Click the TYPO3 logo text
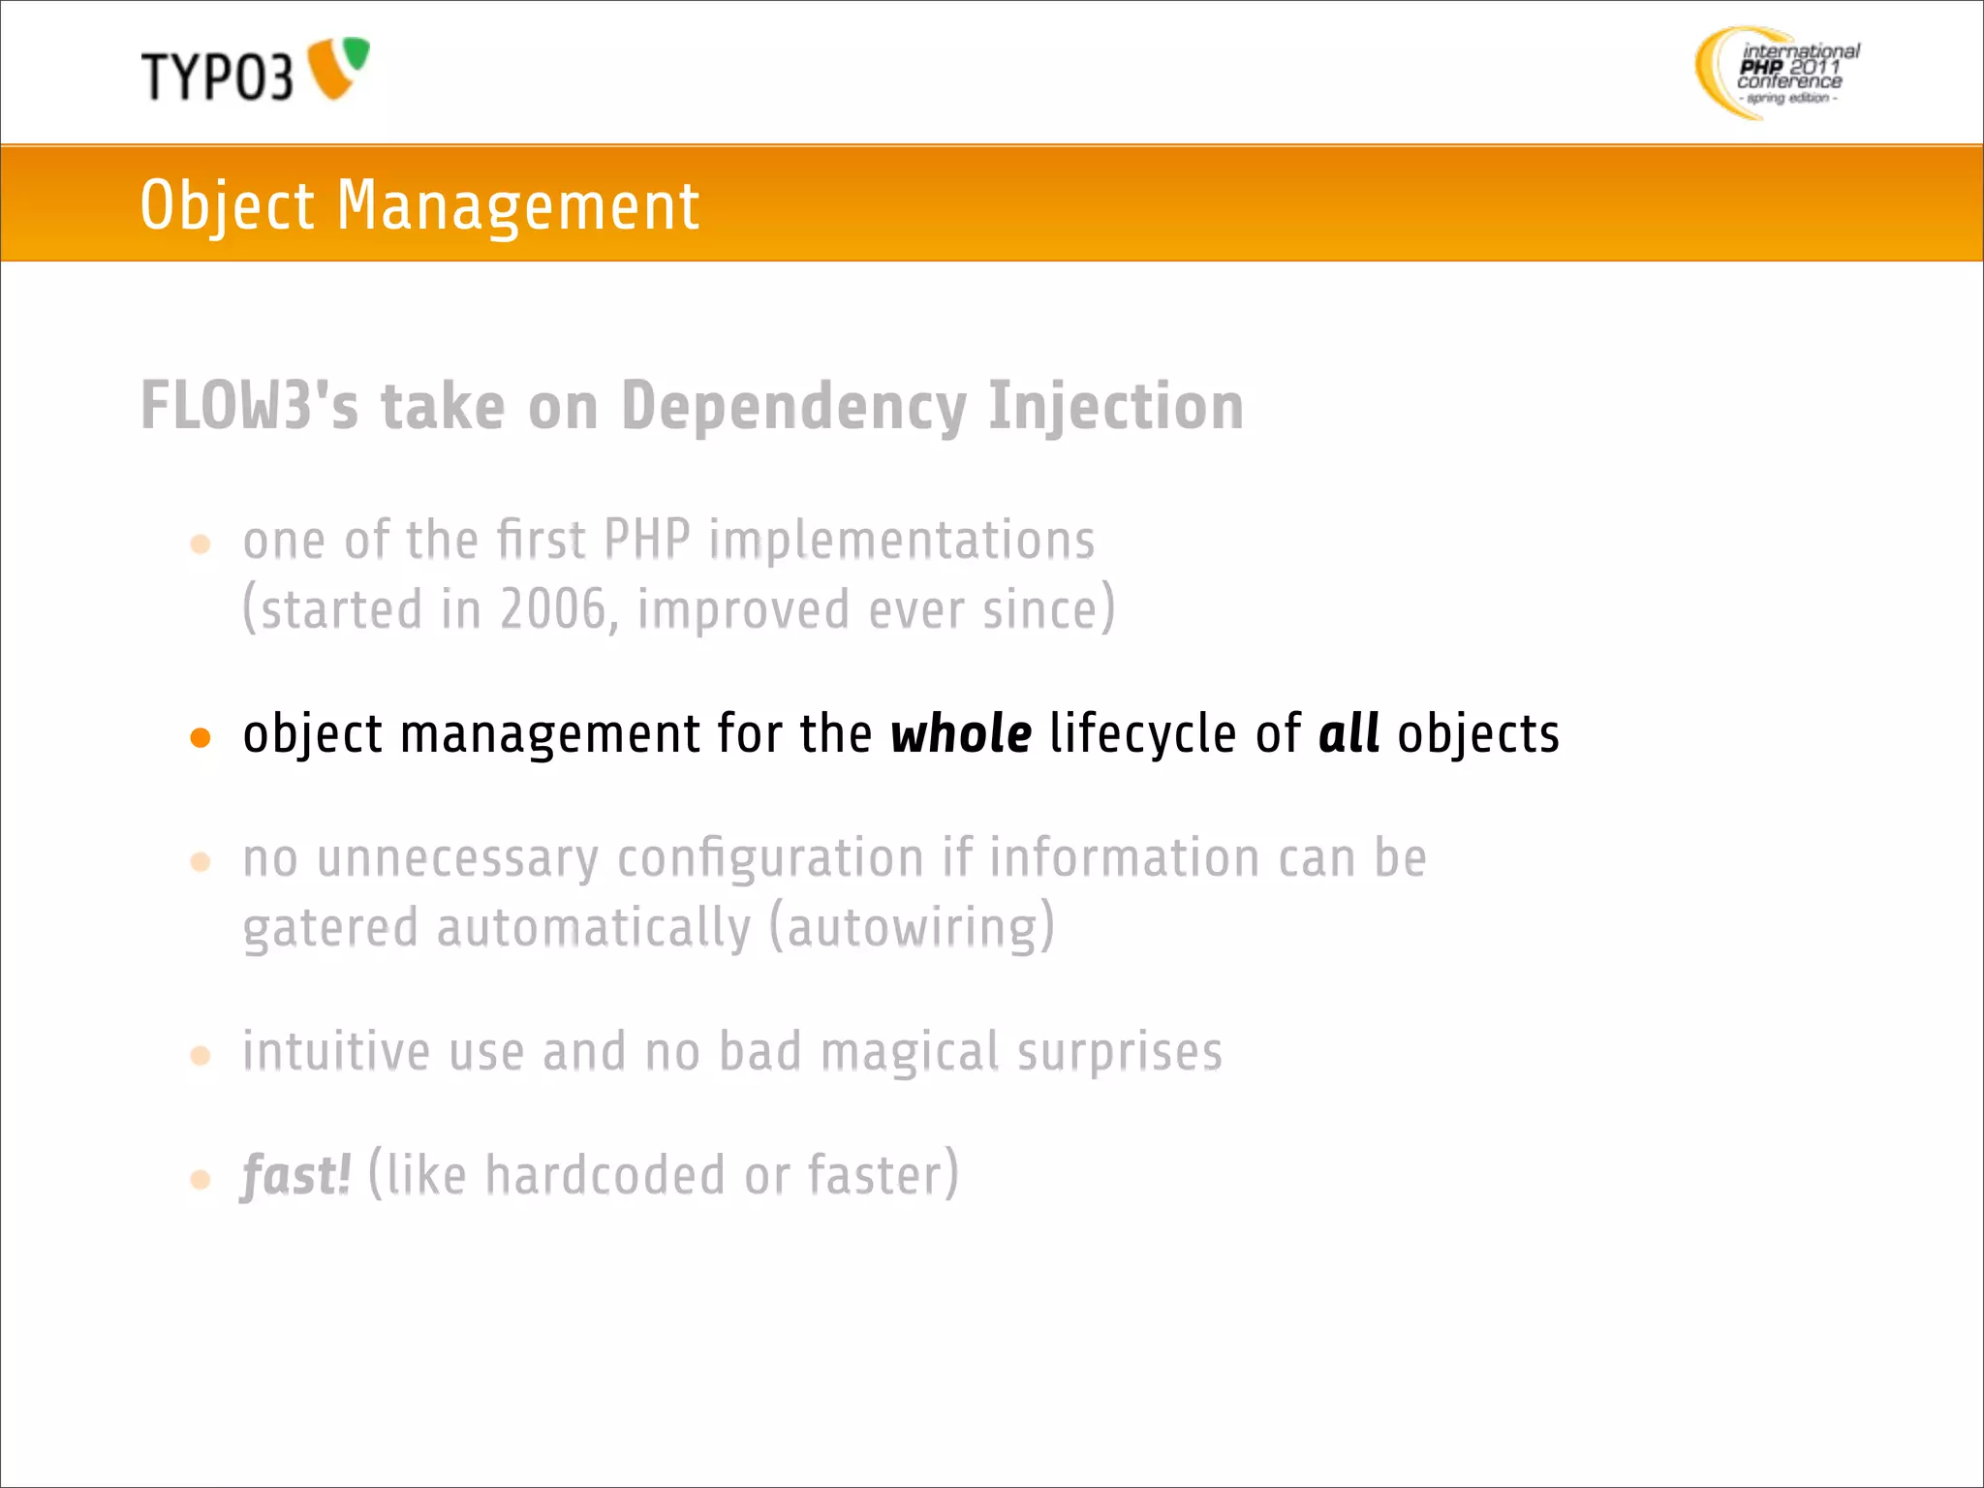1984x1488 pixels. pyautogui.click(x=216, y=76)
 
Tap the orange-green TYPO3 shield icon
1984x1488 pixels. pyautogui.click(x=338, y=68)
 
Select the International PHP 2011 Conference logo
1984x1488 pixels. pyautogui.click(x=1778, y=73)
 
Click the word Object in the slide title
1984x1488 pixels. pyautogui.click(x=227, y=205)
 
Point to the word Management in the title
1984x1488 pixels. pyautogui.click(x=517, y=205)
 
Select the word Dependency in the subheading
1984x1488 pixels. pyautogui.click(x=793, y=407)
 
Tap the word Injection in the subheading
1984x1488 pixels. pyautogui.click(x=1116, y=407)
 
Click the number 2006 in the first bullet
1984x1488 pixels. pyautogui.click(x=553, y=610)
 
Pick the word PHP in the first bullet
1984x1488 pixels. pyautogui.click(x=646, y=540)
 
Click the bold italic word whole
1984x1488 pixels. pyautogui.click(x=961, y=733)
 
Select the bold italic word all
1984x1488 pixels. pyautogui.click(x=1348, y=733)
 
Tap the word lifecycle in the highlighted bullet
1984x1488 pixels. pyautogui.click(x=1143, y=733)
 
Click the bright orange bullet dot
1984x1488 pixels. pyautogui.click(x=201, y=738)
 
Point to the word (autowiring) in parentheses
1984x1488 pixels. pyautogui.click(x=912, y=927)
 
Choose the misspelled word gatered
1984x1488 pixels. pyautogui.click(x=330, y=928)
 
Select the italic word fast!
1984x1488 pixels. pyautogui.click(x=295, y=1175)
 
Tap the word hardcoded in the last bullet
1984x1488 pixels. pyautogui.click(x=604, y=1175)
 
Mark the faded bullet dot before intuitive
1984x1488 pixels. pyautogui.click(x=201, y=1055)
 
